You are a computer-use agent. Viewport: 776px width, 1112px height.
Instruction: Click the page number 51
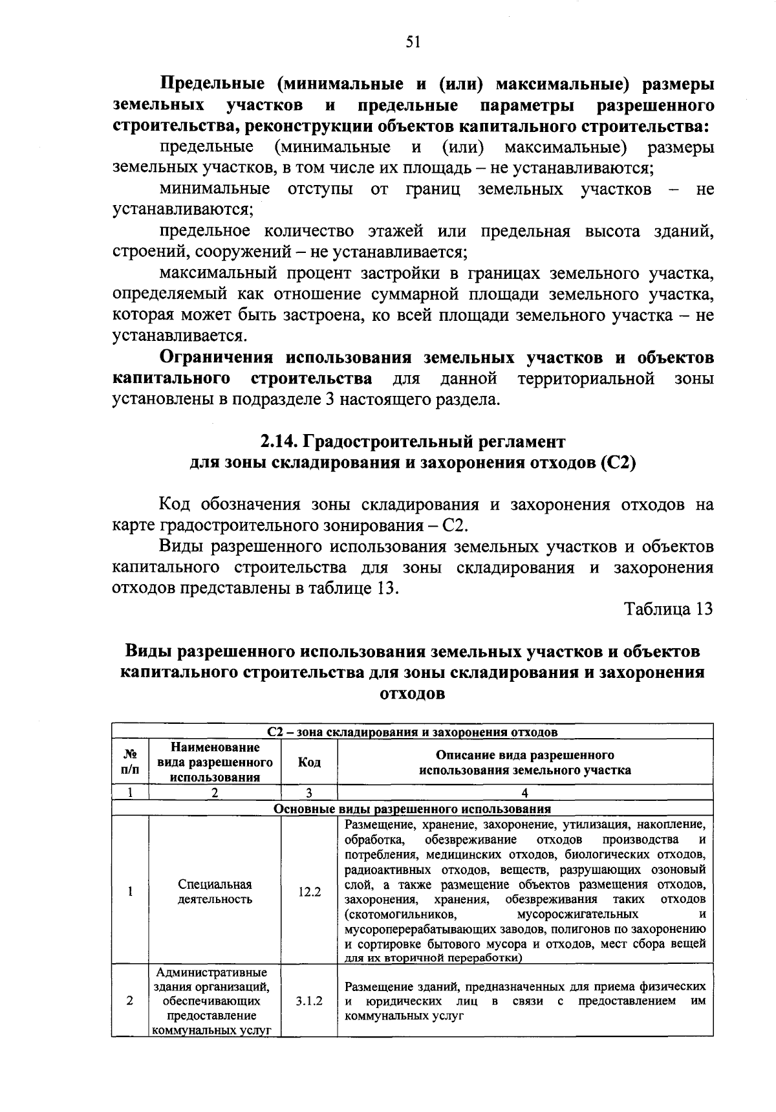click(413, 43)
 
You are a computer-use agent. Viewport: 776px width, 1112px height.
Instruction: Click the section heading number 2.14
click(277, 442)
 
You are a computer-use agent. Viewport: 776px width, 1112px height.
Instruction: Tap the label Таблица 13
click(668, 609)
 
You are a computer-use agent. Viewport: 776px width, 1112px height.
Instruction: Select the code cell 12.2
click(309, 892)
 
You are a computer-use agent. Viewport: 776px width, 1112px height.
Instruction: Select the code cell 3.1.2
click(309, 1001)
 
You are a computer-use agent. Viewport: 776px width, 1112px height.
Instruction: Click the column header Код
click(309, 763)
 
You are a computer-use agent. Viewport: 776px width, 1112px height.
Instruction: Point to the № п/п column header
click(130, 763)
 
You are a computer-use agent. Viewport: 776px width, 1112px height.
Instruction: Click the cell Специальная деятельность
click(215, 892)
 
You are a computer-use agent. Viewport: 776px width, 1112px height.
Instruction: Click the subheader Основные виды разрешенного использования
click(413, 809)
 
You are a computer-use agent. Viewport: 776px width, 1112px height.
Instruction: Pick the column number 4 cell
click(524, 793)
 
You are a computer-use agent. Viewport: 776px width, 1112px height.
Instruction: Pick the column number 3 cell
click(309, 793)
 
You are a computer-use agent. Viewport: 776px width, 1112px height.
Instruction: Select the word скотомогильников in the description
click(401, 914)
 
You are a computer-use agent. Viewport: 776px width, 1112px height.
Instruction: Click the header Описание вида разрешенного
click(524, 755)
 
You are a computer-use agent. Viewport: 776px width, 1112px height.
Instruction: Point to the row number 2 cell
click(130, 1001)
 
